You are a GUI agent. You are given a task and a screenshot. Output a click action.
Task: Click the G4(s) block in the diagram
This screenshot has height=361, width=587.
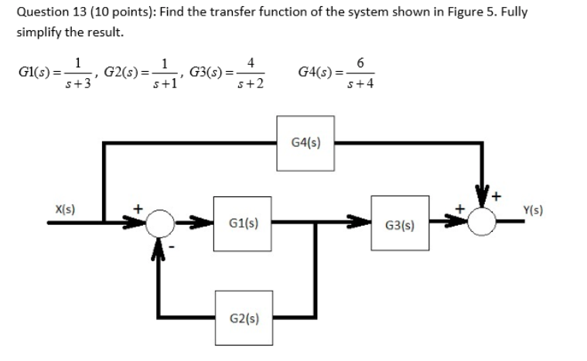[305, 142]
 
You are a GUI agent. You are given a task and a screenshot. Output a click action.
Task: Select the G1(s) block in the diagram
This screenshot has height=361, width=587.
[244, 223]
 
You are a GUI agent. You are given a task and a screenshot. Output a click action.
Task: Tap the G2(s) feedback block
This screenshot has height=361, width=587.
[244, 317]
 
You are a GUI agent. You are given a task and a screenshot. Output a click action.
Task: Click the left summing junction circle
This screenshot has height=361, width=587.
[162, 223]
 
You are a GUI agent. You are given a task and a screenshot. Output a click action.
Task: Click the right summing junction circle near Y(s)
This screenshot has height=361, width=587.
[484, 223]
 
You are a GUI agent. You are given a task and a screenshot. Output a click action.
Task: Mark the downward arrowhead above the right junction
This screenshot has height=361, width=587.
[484, 203]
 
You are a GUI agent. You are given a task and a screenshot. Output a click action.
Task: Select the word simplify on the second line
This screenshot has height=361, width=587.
[40, 34]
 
